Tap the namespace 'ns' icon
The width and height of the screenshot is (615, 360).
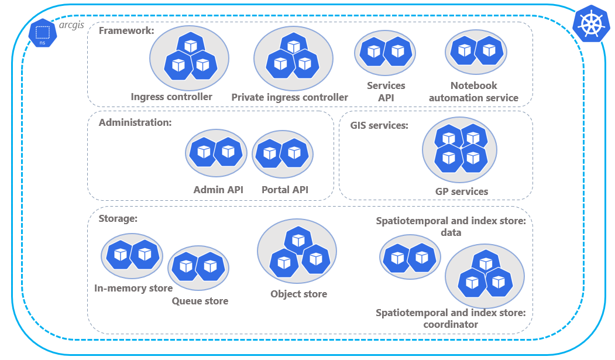tap(42, 35)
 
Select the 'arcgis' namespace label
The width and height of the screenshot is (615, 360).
tap(72, 26)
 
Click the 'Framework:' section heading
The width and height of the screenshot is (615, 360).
tap(126, 30)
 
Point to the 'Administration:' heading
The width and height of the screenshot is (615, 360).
tap(135, 122)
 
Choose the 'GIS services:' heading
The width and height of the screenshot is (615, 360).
tap(379, 125)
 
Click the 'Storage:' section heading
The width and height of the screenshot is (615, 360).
tap(118, 218)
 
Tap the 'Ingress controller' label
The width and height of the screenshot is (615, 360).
tap(171, 97)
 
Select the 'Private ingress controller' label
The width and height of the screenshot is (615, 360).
tap(290, 97)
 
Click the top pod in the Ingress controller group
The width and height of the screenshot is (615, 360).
tap(190, 46)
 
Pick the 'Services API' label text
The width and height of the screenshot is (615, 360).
tap(386, 91)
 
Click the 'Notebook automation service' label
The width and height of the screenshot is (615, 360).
tap(473, 92)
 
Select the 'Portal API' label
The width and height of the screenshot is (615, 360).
tap(284, 190)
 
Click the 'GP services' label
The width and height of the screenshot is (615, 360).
tap(461, 191)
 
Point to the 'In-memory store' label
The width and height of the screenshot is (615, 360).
tap(133, 288)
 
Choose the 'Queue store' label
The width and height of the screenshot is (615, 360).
tap(200, 301)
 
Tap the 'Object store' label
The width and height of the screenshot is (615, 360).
tap(298, 294)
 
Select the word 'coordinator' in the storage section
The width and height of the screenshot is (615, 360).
tap(451, 324)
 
